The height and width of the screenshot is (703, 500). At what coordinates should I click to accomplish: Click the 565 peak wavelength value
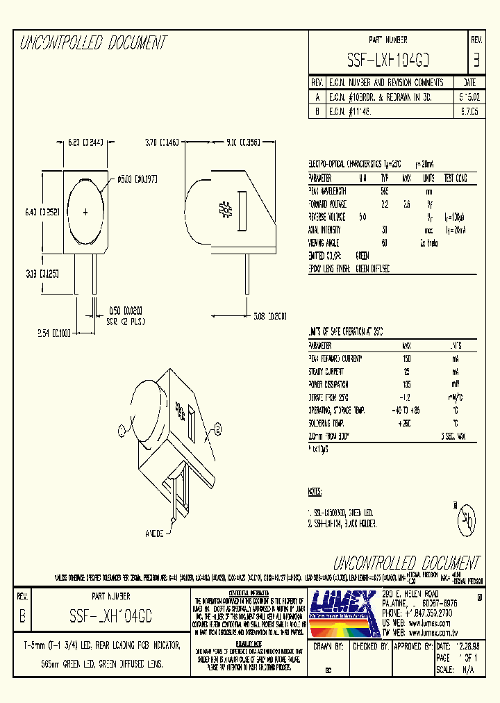(385, 190)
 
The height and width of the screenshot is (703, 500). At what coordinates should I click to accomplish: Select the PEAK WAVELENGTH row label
(327, 190)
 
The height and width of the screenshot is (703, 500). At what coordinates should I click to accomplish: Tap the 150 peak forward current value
(406, 358)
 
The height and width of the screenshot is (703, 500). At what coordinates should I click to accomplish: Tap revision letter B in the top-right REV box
(476, 60)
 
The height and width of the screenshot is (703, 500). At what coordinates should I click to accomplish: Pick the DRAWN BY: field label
(329, 645)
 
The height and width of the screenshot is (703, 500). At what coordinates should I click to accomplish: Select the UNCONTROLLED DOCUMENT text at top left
(93, 43)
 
